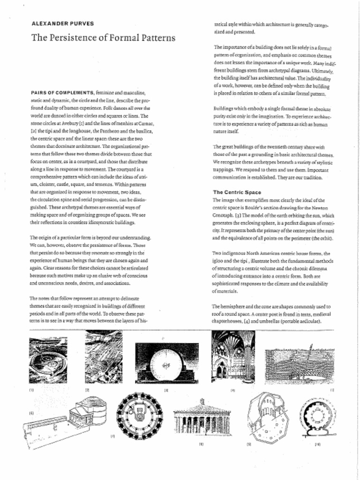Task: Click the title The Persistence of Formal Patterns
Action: [103, 37]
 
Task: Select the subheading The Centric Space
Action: [237, 192]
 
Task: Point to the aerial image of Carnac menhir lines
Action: [104, 357]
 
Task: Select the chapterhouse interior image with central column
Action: [233, 356]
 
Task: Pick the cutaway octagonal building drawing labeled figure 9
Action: [268, 417]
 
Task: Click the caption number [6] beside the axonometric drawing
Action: [31, 413]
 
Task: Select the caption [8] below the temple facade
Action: [201, 443]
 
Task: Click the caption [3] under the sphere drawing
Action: [166, 390]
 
